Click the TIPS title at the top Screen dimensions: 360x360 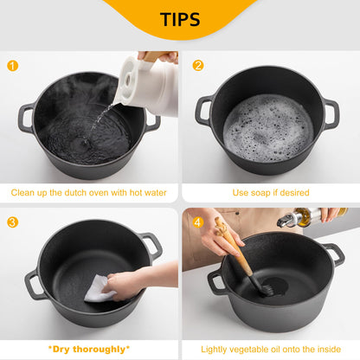[180, 19]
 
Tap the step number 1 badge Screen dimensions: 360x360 [11, 65]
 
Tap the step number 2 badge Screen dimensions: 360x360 [197, 65]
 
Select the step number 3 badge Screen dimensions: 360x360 [12, 222]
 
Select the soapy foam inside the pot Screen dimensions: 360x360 [268, 127]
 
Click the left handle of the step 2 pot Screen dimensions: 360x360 [204, 109]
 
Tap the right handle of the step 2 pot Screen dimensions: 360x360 [331, 112]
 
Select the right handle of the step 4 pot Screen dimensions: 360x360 [334, 254]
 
